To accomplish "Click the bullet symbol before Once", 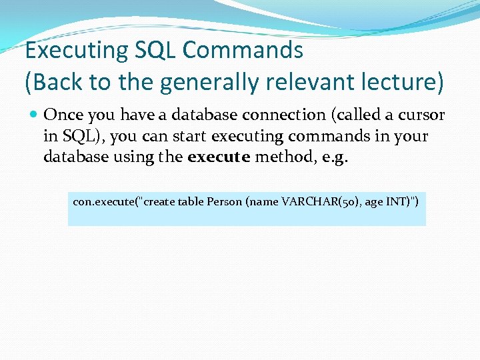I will click(x=33, y=115).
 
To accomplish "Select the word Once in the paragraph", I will click(x=63, y=115).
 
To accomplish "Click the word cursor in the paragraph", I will click(x=421, y=115).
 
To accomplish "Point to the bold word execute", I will click(x=219, y=157).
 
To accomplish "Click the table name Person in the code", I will click(x=223, y=201).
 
